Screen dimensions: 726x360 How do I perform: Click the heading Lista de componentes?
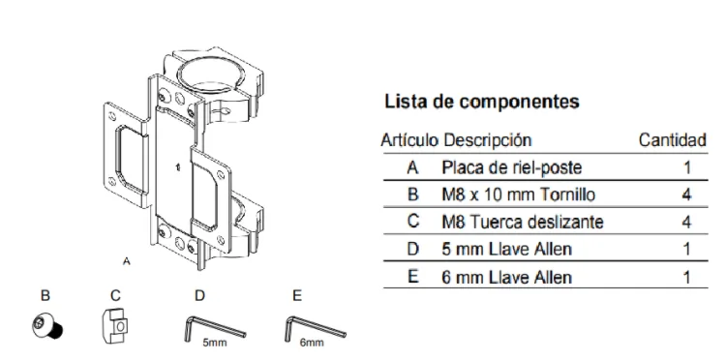482,102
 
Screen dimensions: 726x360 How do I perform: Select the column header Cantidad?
673,139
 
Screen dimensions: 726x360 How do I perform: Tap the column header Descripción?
488,139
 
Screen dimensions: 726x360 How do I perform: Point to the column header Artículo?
409,139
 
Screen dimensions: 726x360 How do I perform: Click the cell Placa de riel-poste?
512,167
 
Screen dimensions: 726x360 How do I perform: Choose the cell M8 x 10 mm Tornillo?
518,195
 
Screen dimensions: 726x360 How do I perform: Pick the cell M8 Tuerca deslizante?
523,223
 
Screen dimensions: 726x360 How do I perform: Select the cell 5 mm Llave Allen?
507,250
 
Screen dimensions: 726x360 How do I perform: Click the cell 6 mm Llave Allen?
507,277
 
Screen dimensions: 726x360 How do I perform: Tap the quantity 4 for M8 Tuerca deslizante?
686,223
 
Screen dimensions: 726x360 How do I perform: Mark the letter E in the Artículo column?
413,277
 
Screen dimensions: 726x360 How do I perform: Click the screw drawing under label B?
47,326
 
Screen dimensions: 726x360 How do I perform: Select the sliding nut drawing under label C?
115,324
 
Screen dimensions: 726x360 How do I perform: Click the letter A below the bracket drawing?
127,261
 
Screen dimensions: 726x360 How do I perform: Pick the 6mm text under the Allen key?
311,343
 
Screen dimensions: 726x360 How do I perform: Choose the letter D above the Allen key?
199,296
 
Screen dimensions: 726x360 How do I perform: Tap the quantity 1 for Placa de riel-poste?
686,167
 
